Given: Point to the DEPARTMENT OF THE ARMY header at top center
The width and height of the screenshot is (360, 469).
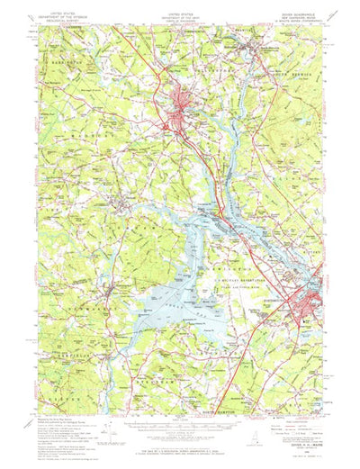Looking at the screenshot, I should (179, 19).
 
